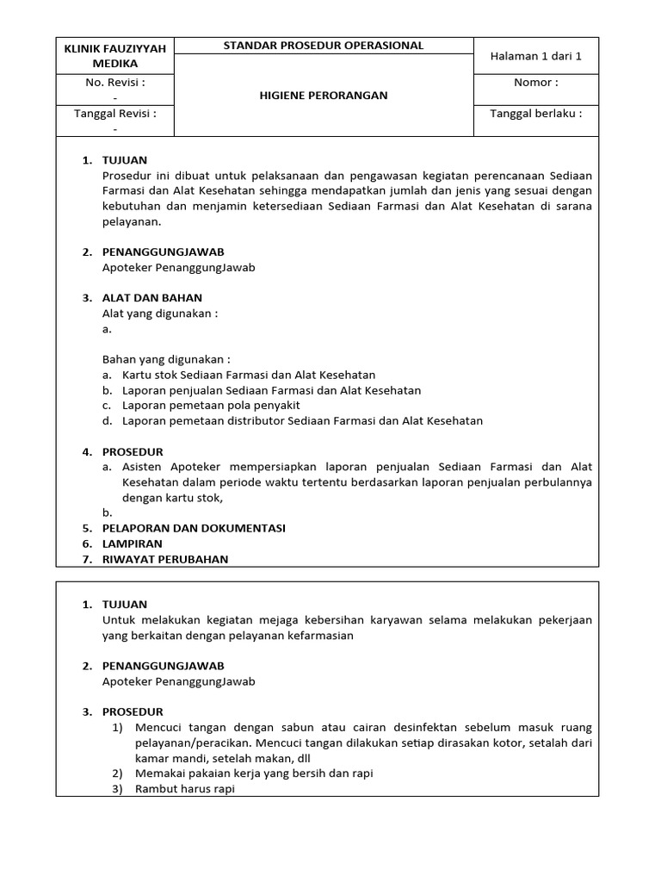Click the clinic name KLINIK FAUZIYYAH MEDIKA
114,55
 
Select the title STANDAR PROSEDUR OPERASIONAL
324,46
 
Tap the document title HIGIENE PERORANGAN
324,95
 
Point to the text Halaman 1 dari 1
536,56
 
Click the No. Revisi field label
114,83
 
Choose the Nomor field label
536,83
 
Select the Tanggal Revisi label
114,113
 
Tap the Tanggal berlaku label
536,113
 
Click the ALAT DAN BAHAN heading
152,298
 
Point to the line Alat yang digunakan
160,314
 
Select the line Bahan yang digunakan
166,359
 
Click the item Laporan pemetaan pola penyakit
212,406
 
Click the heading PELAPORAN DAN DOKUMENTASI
194,528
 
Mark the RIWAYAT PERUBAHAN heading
165,559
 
